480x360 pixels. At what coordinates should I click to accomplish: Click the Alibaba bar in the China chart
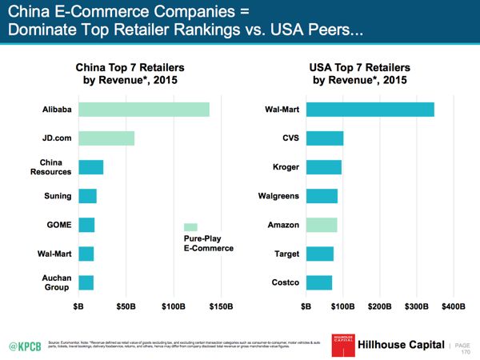143,110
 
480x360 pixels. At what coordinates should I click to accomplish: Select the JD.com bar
106,138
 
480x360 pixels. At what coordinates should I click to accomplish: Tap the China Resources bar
90,167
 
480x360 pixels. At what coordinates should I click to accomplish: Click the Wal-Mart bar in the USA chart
370,110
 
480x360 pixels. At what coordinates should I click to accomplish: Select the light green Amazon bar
322,225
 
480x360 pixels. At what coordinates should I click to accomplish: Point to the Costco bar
319,282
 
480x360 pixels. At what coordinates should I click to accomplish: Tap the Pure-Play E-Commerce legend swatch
190,227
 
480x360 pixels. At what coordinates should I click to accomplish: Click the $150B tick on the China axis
221,306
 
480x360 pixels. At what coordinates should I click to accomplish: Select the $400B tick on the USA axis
453,306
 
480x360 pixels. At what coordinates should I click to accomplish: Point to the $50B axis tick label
126,306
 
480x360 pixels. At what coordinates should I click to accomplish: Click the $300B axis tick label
416,306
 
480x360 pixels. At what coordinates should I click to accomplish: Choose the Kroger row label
286,167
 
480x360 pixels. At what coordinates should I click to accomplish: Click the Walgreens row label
278,196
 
